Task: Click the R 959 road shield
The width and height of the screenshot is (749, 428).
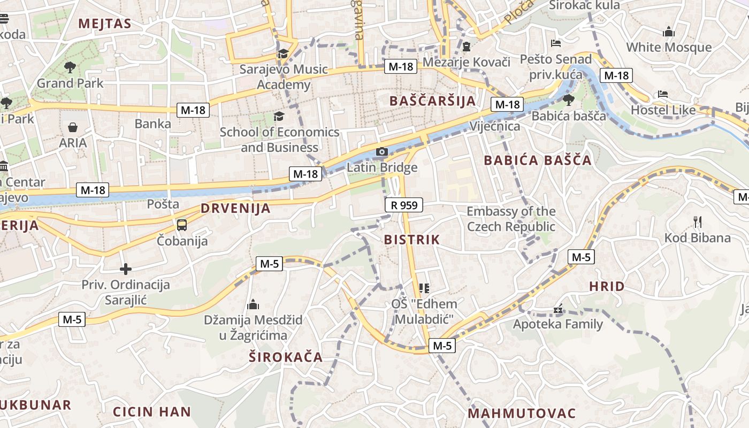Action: tap(404, 205)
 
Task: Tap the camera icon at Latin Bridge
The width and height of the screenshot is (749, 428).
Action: tap(381, 152)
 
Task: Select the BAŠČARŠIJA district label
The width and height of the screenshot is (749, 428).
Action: tap(433, 101)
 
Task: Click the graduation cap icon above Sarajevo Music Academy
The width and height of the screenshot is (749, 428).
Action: tap(283, 53)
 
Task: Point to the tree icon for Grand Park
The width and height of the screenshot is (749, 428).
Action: tap(70, 67)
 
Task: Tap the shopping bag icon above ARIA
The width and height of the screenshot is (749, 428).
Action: tap(73, 127)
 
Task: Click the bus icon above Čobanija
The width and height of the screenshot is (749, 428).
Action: tap(182, 225)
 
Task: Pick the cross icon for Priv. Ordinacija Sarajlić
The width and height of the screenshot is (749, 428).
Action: tap(126, 269)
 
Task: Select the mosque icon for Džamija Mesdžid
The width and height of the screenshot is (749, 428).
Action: tap(253, 304)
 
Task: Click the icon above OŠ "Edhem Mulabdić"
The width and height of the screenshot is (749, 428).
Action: tap(424, 288)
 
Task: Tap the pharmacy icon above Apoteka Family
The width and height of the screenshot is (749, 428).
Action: tap(558, 309)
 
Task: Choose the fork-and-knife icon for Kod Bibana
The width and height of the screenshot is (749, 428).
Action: tap(697, 221)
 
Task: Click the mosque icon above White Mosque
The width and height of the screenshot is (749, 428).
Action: tap(669, 32)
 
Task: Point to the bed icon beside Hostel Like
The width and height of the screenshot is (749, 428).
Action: tap(663, 94)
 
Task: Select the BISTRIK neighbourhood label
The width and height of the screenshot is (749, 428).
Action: tap(411, 240)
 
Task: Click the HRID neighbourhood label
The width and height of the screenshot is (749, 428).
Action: tap(607, 286)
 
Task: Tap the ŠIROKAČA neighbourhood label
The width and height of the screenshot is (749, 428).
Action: tap(286, 357)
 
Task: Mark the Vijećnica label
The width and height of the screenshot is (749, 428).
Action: tap(494, 126)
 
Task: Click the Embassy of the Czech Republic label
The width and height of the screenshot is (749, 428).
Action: tap(511, 219)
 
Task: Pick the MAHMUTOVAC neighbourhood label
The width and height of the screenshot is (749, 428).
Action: tap(522, 413)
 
